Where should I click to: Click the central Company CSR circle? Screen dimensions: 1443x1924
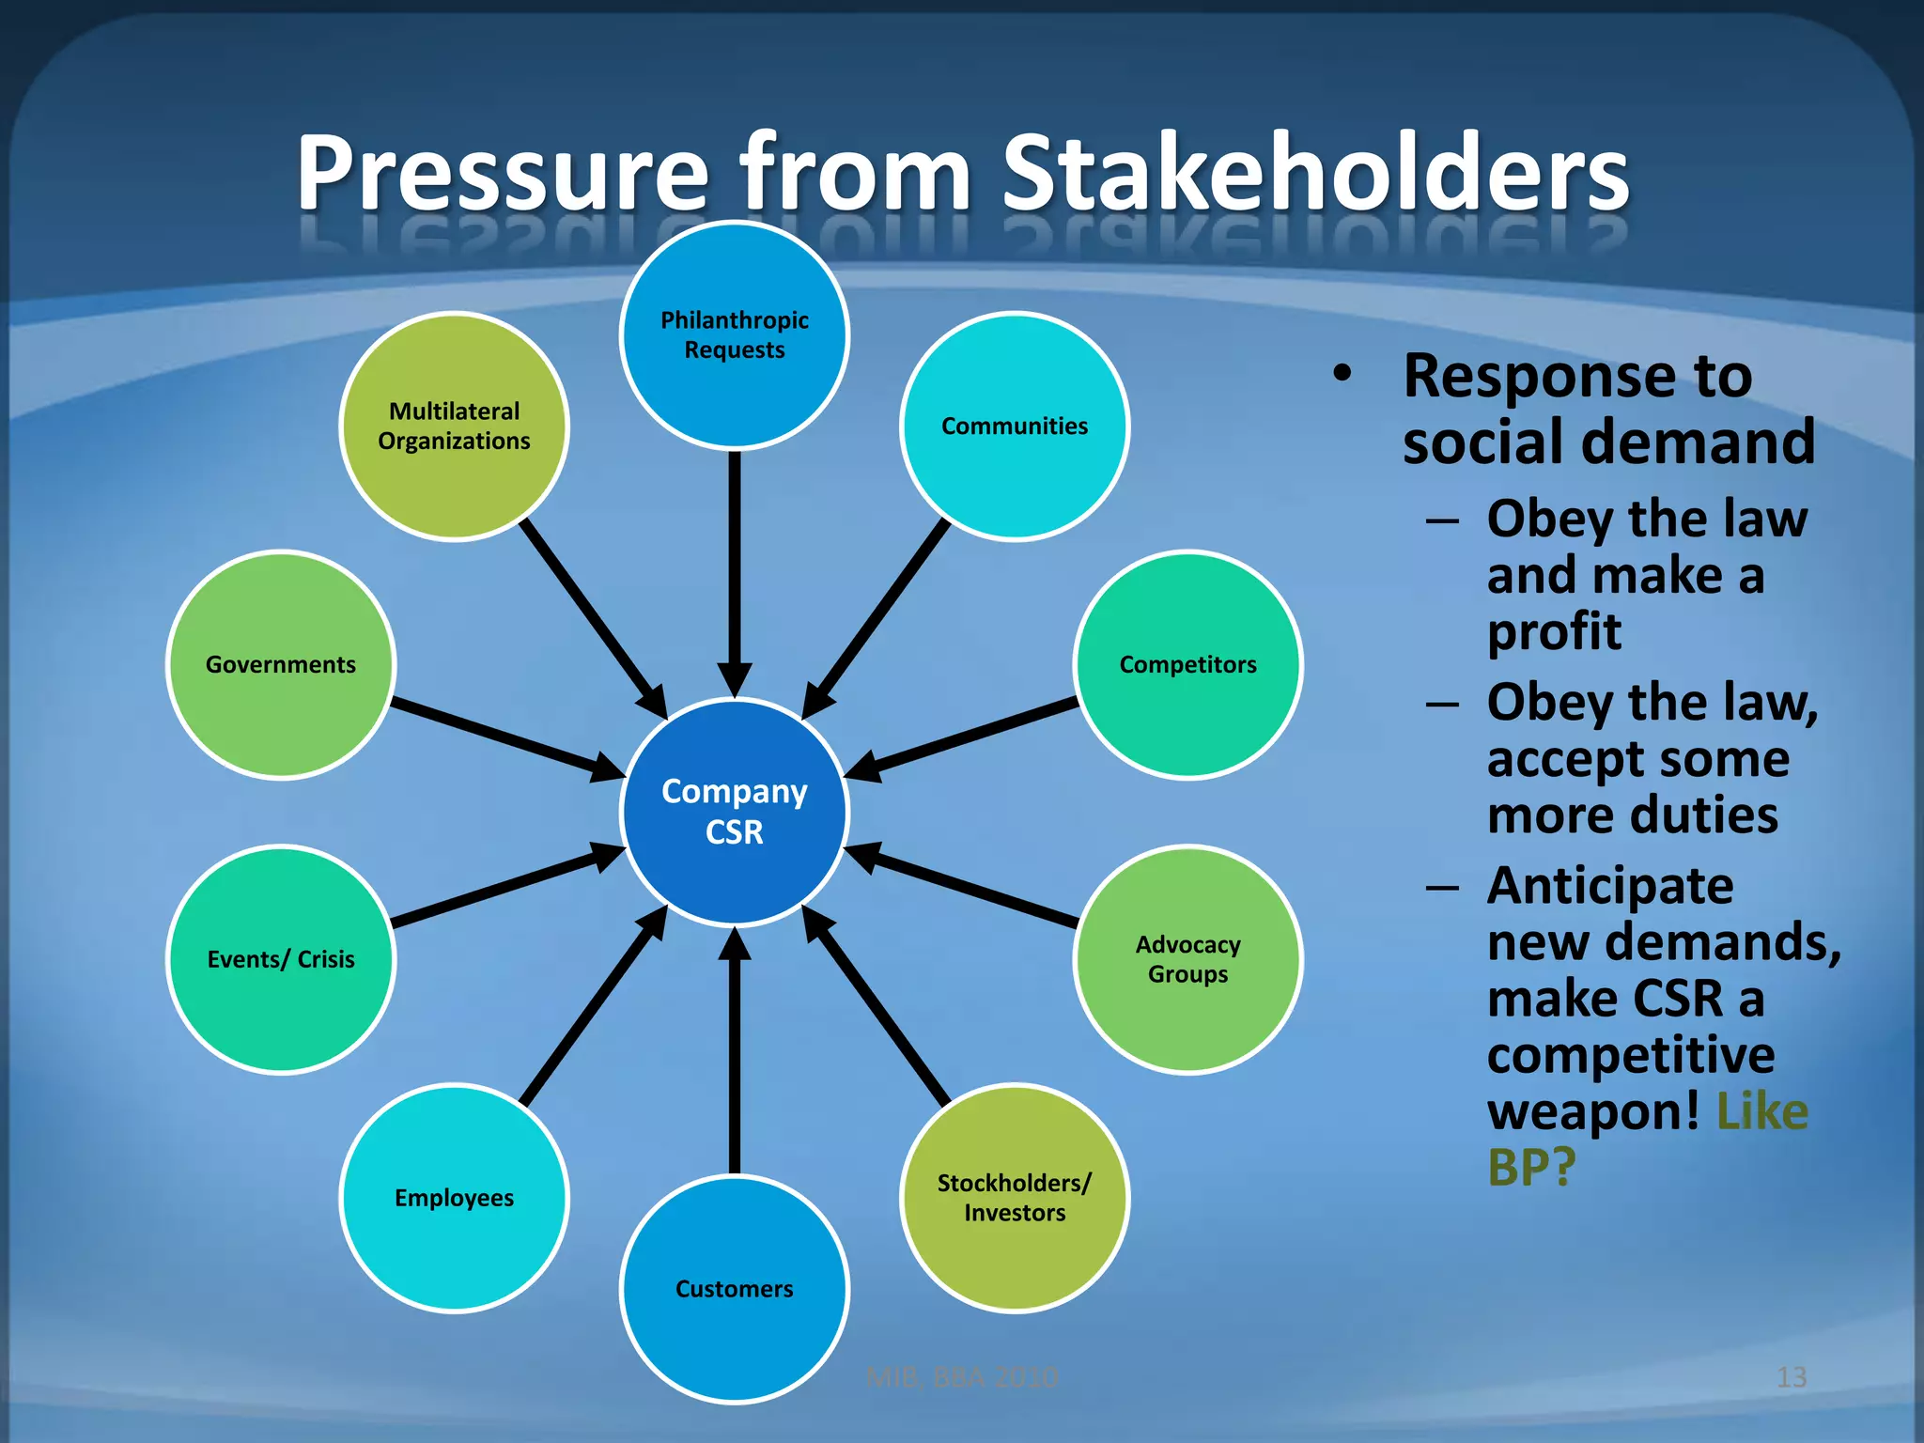click(x=734, y=812)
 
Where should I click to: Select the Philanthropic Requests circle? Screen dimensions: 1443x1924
click(x=734, y=334)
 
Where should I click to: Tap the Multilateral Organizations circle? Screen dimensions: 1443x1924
click(x=454, y=426)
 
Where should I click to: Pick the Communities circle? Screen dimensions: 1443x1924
click(x=1015, y=426)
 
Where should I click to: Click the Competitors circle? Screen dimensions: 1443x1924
click(x=1187, y=664)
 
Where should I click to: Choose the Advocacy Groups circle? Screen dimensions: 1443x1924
click(x=1187, y=958)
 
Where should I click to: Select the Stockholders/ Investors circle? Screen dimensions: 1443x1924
click(x=1015, y=1197)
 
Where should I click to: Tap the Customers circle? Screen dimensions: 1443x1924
click(x=734, y=1288)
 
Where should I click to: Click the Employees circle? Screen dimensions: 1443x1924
click(x=454, y=1197)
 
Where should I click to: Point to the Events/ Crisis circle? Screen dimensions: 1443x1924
click(x=281, y=958)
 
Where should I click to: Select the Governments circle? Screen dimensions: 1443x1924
click(x=281, y=664)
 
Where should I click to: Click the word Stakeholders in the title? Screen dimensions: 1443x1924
click(x=1315, y=174)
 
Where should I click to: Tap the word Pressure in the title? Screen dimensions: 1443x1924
click(x=503, y=174)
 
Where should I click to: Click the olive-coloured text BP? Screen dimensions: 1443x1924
click(x=1531, y=1168)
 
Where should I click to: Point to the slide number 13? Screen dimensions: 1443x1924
click(x=1791, y=1377)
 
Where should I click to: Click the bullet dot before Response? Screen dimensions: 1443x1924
click(x=1342, y=373)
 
